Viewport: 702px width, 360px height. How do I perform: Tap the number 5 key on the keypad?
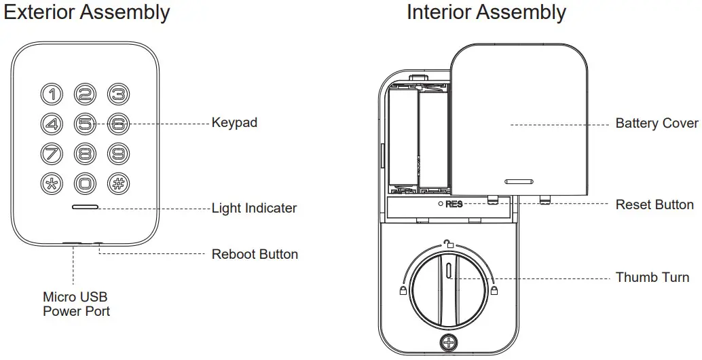tap(85, 124)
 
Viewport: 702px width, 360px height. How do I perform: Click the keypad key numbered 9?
tap(118, 154)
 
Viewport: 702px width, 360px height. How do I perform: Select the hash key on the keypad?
tap(118, 183)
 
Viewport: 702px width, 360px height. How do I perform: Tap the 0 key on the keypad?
tap(85, 183)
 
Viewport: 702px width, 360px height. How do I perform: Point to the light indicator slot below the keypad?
tap(85, 207)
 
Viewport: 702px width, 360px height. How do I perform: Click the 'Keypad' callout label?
tap(234, 123)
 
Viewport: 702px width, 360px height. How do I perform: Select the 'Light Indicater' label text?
tap(254, 208)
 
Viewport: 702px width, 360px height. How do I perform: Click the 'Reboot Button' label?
tap(255, 254)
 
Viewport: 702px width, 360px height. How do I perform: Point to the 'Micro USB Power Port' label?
tap(76, 304)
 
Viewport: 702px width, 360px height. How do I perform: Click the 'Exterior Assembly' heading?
tap(86, 12)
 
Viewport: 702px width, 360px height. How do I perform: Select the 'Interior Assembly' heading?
tap(486, 12)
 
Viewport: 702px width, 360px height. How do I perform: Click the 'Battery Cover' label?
tap(657, 123)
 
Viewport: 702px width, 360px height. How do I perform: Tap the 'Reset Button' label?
tap(654, 204)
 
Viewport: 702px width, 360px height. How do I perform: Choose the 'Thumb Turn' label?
tap(652, 277)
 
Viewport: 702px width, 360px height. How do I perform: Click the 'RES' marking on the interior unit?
tap(454, 204)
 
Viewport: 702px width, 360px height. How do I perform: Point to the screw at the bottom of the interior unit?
tap(448, 343)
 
